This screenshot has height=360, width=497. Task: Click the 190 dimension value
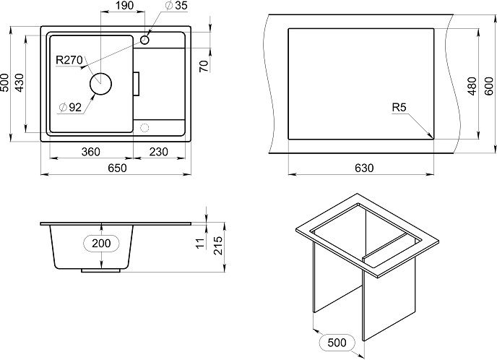(124, 6)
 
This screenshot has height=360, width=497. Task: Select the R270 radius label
(69, 60)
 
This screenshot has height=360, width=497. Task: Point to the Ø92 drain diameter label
(70, 108)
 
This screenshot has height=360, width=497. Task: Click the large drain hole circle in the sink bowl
(101, 84)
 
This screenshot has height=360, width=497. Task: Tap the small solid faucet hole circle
(145, 40)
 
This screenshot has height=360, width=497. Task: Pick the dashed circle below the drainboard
(144, 128)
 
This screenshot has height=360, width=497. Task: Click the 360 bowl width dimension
(90, 152)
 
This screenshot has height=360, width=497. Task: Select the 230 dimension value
(158, 152)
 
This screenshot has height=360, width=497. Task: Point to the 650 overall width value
(117, 168)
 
